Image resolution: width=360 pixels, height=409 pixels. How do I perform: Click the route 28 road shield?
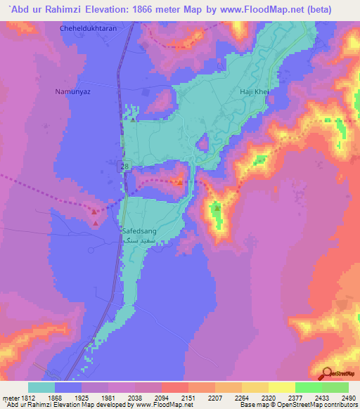pyautogui.click(x=124, y=166)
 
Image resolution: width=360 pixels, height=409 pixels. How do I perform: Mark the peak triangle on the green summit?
pyautogui.click(x=217, y=207)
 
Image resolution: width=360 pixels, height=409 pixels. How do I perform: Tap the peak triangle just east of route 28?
pyautogui.click(x=181, y=183)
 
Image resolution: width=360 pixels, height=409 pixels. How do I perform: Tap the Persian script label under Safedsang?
pyautogui.click(x=136, y=239)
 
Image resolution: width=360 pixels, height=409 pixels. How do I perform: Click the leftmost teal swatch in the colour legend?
pyautogui.click(x=41, y=387)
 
